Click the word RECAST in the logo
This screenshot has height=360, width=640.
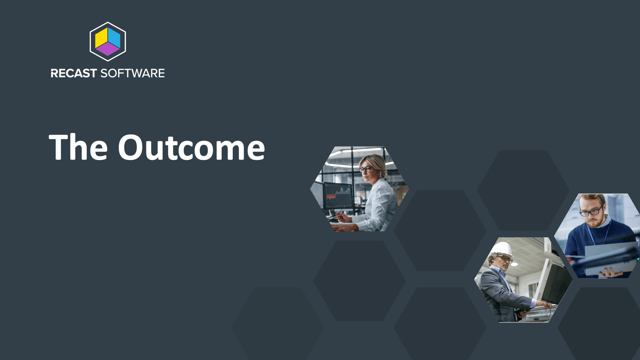(x=74, y=73)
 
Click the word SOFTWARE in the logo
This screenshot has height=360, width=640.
(x=133, y=73)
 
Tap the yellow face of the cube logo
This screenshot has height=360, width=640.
(x=101, y=38)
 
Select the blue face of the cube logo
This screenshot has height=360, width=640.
(x=114, y=38)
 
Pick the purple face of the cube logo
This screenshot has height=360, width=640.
(x=108, y=49)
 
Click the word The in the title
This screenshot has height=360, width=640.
(x=78, y=147)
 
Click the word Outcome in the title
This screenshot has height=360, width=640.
(x=192, y=147)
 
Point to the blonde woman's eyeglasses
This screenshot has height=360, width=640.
(x=366, y=169)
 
